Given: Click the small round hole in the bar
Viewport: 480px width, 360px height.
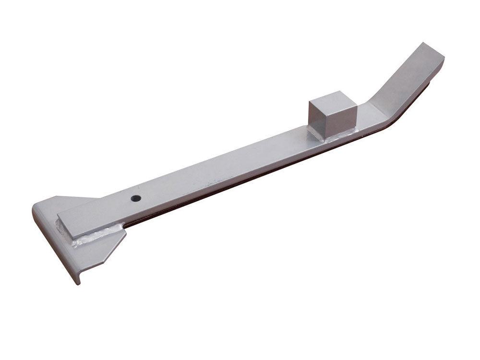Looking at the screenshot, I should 137,198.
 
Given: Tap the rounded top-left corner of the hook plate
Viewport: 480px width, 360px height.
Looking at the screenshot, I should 36,207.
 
